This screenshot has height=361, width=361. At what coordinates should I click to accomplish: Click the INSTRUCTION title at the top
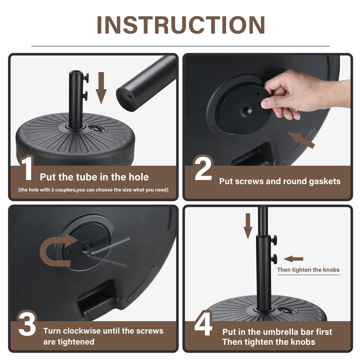[181, 25]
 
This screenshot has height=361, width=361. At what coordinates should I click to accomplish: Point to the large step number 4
[203, 324]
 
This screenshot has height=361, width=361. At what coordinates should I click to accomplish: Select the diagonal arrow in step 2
[301, 140]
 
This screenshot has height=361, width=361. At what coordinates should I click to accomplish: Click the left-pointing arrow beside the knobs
[293, 259]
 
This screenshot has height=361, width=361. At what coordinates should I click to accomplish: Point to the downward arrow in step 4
[248, 226]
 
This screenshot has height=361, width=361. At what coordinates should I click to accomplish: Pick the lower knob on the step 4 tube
[274, 259]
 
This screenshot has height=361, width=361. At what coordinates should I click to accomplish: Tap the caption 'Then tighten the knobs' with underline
[308, 270]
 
